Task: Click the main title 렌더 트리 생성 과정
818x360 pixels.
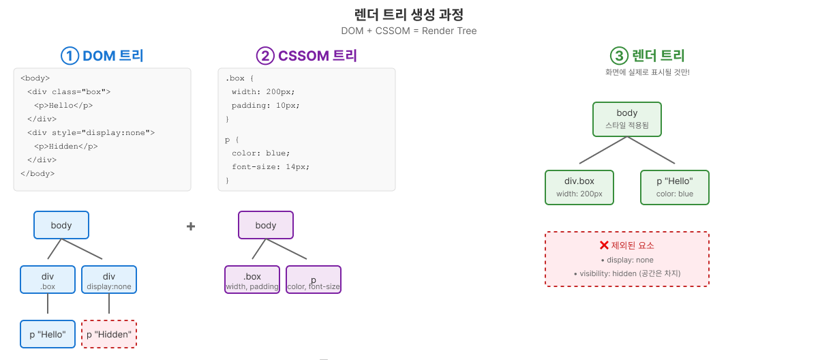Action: pyautogui.click(x=409, y=14)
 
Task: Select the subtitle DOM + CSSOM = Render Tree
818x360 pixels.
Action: pyautogui.click(x=409, y=31)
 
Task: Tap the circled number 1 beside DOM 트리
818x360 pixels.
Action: pyautogui.click(x=70, y=56)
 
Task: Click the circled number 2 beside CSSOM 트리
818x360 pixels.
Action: pyautogui.click(x=265, y=56)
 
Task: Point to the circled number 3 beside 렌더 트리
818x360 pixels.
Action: pyautogui.click(x=619, y=56)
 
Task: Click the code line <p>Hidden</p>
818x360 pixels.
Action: pyautogui.click(x=66, y=146)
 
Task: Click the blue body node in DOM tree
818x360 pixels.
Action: pyautogui.click(x=61, y=225)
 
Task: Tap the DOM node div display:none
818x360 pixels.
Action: pyautogui.click(x=109, y=280)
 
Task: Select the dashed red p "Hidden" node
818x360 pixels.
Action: pyautogui.click(x=109, y=334)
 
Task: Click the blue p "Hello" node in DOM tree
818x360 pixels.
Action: pyautogui.click(x=48, y=334)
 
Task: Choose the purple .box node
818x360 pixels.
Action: pyautogui.click(x=252, y=280)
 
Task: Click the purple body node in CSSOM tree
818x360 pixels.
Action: pyautogui.click(x=266, y=225)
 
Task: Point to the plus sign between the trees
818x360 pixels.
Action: pyautogui.click(x=191, y=226)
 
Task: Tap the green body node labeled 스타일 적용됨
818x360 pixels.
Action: pyautogui.click(x=627, y=119)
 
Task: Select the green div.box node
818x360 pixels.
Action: pyautogui.click(x=579, y=187)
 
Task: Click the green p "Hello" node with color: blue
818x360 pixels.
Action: pyautogui.click(x=675, y=187)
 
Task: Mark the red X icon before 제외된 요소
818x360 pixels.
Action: pyautogui.click(x=604, y=245)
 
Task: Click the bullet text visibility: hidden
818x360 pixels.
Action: pyautogui.click(x=627, y=273)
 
